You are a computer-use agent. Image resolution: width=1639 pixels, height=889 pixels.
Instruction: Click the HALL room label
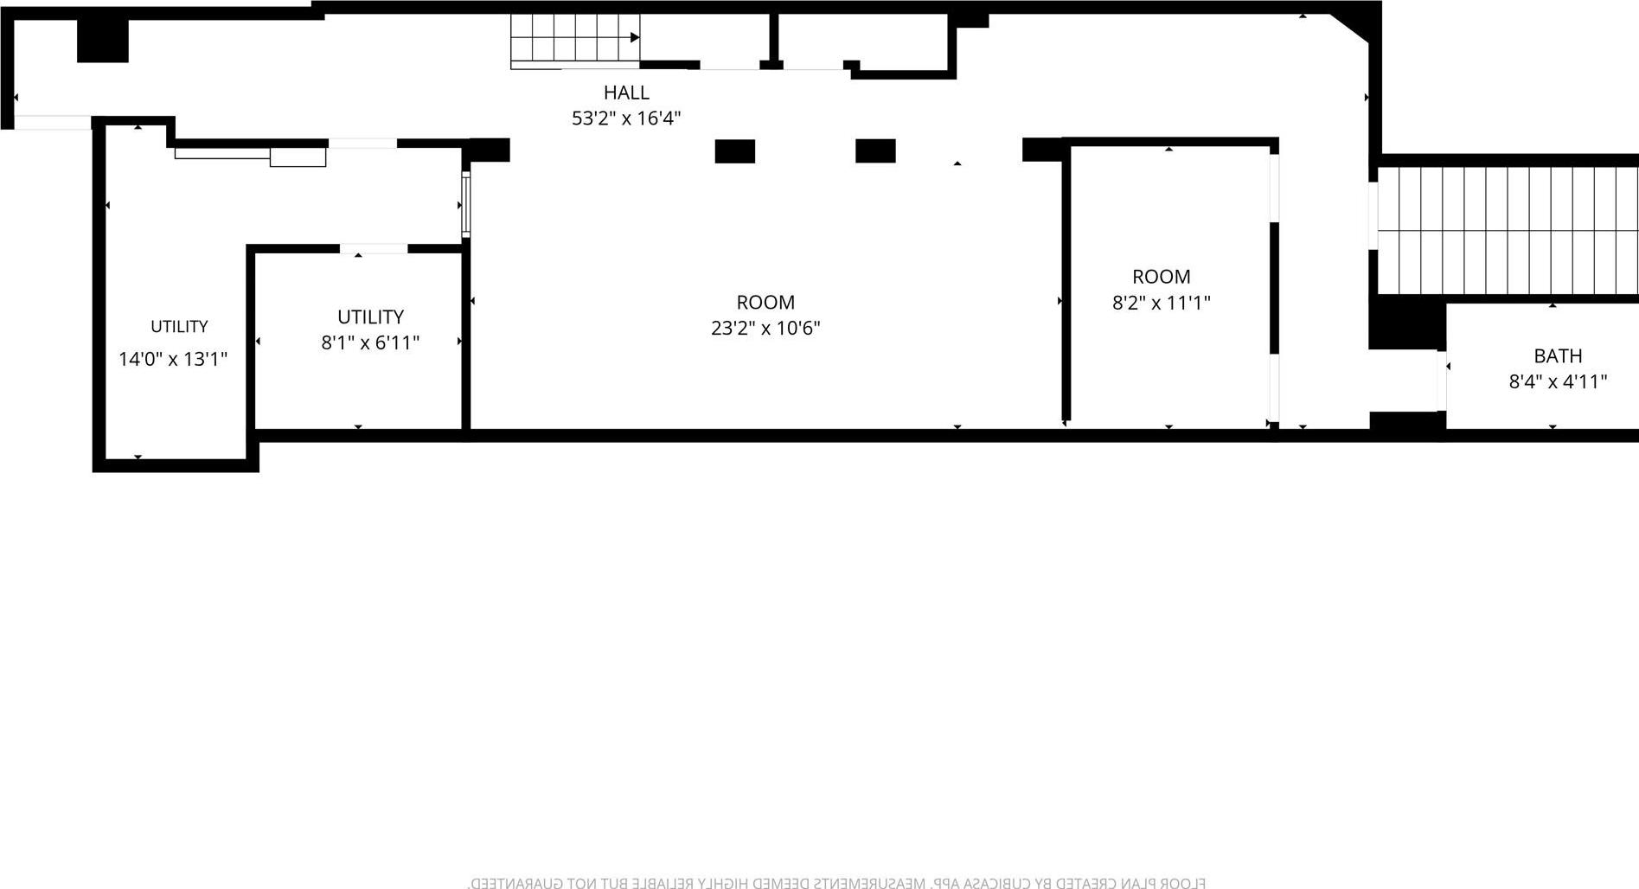click(x=626, y=93)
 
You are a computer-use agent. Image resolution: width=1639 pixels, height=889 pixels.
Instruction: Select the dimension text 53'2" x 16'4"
click(x=626, y=118)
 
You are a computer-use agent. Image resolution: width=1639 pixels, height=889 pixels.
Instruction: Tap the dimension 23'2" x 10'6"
click(x=765, y=329)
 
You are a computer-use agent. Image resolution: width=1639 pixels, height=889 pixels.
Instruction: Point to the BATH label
click(x=1558, y=356)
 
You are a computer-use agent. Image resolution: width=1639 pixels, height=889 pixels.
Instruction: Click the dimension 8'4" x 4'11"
click(x=1558, y=382)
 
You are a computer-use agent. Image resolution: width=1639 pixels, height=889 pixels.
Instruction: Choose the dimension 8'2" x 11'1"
click(x=1161, y=303)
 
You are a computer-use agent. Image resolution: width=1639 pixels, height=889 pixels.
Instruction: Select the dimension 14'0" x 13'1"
click(x=173, y=360)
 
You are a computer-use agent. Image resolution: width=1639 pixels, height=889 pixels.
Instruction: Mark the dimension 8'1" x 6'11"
click(x=370, y=343)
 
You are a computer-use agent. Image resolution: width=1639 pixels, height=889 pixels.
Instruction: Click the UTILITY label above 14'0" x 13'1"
click(x=179, y=327)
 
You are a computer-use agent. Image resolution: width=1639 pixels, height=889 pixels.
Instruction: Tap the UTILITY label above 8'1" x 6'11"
click(x=370, y=317)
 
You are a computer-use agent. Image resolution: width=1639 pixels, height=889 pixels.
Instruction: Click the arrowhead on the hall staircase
click(x=635, y=37)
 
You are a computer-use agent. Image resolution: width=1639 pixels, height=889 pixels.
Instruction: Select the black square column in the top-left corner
click(x=103, y=40)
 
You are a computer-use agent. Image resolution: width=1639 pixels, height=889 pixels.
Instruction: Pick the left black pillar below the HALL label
click(x=734, y=151)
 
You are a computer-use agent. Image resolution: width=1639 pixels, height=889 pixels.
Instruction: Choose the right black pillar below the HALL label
click(x=875, y=150)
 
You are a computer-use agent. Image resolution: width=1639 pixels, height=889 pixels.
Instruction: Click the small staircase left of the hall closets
click(x=573, y=41)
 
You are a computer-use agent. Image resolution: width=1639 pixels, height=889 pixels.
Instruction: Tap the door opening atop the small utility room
click(x=373, y=249)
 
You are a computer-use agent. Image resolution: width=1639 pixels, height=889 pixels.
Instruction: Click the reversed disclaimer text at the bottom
click(x=836, y=882)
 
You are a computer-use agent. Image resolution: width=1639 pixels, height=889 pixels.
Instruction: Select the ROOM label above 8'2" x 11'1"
click(x=1161, y=277)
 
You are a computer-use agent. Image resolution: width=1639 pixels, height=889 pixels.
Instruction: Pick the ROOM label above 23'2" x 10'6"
click(x=765, y=303)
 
